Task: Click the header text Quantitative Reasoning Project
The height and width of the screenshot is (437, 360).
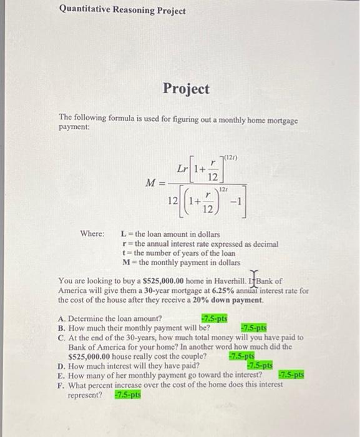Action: (122, 11)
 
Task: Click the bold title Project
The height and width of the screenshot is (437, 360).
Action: (186, 89)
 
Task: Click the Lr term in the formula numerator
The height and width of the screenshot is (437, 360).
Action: (183, 169)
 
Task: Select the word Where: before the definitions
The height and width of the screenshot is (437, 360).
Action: (92, 234)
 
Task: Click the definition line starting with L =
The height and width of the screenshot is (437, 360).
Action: (174, 234)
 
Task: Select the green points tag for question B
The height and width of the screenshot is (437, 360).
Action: (253, 327)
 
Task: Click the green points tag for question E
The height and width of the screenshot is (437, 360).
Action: (290, 375)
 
